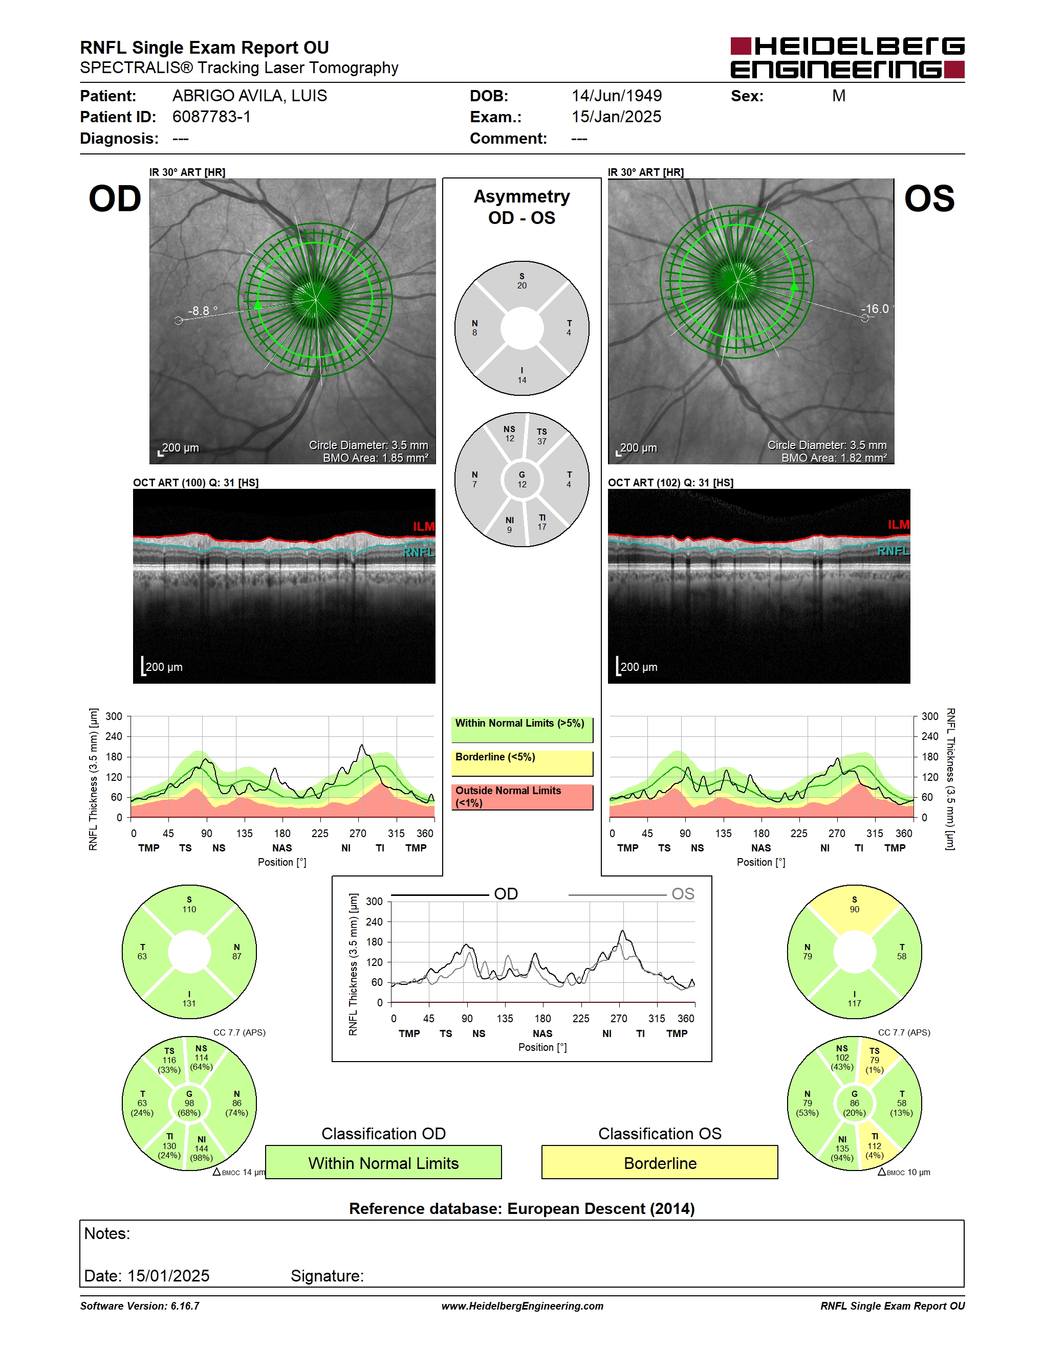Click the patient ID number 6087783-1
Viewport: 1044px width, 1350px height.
[211, 117]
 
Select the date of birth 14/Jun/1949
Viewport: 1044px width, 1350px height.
[617, 96]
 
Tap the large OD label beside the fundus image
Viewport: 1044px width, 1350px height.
[115, 199]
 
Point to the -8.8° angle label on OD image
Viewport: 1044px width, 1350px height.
[203, 310]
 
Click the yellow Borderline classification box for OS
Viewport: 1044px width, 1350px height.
[660, 1163]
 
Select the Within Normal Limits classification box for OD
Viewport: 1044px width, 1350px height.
[383, 1163]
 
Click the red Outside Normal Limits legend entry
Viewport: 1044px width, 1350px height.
[522, 797]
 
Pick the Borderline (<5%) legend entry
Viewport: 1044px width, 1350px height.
[522, 763]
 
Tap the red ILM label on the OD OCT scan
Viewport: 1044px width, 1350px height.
[424, 527]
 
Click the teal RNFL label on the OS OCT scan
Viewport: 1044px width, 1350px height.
[893, 551]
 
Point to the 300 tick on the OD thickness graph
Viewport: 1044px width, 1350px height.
[114, 716]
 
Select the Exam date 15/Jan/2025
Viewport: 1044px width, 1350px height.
[616, 117]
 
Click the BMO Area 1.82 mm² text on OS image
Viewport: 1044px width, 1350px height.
[834, 458]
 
